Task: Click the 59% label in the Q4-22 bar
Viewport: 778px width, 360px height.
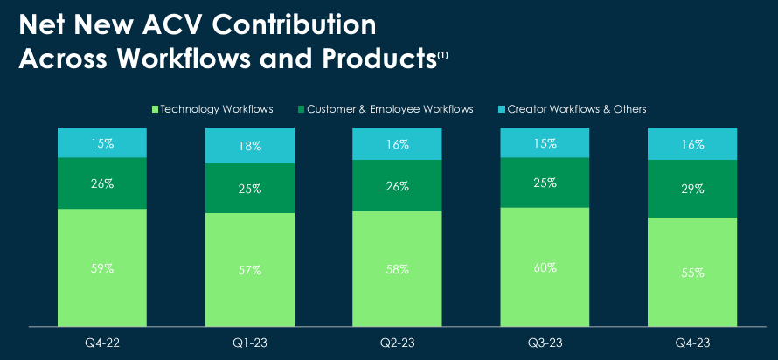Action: coord(102,268)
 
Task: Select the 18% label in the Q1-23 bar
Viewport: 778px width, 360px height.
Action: coord(250,146)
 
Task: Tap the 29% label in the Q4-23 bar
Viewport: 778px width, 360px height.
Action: coord(692,189)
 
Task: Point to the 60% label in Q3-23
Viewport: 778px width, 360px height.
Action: coord(545,267)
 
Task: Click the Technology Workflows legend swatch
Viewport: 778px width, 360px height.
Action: coord(156,109)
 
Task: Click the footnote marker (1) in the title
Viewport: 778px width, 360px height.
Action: coord(442,56)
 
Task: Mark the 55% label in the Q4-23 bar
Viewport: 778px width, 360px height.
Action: coord(692,273)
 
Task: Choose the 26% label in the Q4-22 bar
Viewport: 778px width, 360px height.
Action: coord(102,184)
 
